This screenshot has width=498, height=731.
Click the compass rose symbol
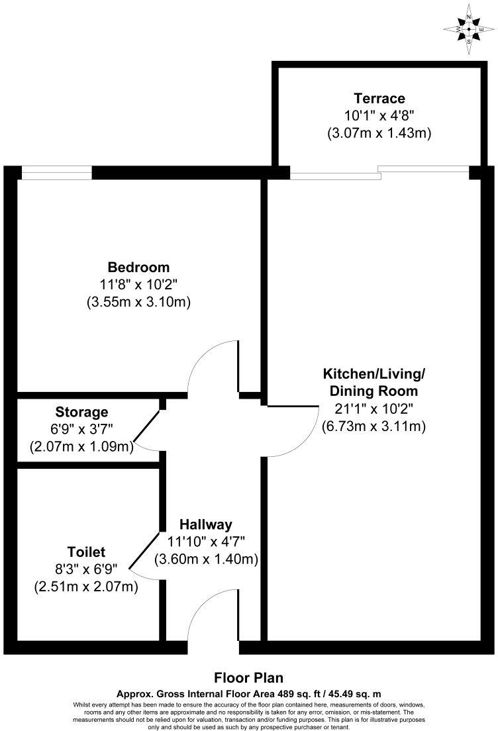[x=469, y=29]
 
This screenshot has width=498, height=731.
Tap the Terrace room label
[x=379, y=99]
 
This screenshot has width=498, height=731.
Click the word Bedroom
[x=138, y=268]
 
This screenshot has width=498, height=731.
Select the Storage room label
[x=81, y=413]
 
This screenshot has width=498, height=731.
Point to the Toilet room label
[x=86, y=552]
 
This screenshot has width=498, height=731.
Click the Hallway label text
[x=205, y=524]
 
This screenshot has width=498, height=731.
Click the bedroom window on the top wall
[x=56, y=175]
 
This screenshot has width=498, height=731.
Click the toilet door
[x=144, y=551]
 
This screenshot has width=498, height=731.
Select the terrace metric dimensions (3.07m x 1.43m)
[x=379, y=133]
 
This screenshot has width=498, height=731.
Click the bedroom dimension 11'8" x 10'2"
[x=138, y=285]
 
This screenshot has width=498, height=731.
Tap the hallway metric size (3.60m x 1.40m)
[x=205, y=559]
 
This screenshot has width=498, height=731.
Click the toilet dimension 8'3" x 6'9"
[x=86, y=569]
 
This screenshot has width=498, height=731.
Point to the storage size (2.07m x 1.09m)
[x=81, y=447]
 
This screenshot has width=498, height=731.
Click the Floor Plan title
[x=248, y=677]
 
